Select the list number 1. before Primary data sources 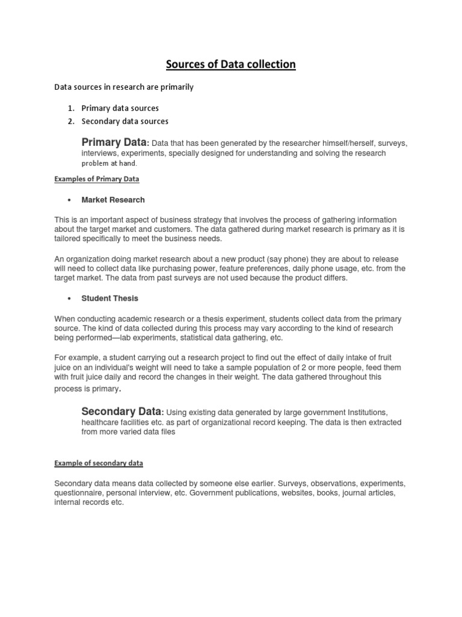tap(70, 108)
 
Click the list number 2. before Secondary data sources tap(70, 121)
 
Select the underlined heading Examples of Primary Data tap(97, 179)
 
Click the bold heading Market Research tap(113, 200)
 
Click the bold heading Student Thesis tap(109, 298)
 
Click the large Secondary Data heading tap(121, 412)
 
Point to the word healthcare tap(102, 422)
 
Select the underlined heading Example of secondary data tap(99, 463)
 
